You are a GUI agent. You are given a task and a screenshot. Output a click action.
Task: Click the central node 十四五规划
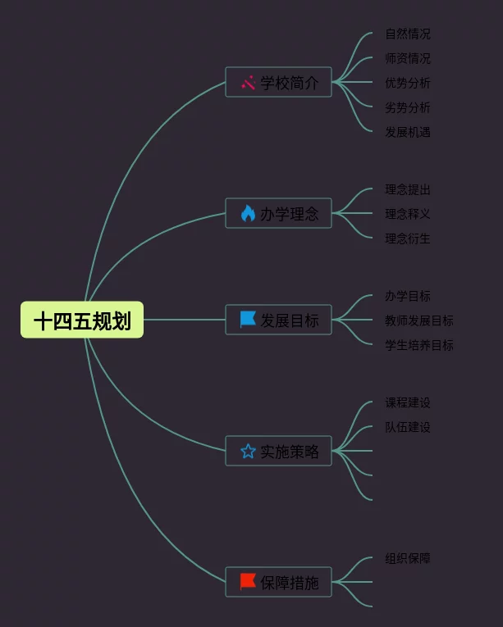82,320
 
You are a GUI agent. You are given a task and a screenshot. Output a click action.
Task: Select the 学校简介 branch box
278,82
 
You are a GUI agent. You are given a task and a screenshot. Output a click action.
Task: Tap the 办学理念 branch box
278,213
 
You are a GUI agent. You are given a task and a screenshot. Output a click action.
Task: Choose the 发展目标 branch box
278,320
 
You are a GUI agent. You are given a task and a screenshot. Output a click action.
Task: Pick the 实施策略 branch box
278,451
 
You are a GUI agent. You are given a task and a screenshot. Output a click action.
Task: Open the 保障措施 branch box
278,582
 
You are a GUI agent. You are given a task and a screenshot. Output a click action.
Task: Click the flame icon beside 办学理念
248,213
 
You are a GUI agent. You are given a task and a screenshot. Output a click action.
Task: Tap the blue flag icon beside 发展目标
248,319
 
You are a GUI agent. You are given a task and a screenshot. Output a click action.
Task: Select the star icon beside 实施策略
248,451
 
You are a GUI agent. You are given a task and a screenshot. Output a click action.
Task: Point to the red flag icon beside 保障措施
248,581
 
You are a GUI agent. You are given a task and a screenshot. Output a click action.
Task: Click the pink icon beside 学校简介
248,82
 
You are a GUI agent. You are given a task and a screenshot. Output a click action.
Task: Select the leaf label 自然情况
408,34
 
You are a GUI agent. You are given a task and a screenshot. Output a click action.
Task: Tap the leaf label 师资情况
408,58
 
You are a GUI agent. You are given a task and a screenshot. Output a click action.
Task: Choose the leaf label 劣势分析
408,107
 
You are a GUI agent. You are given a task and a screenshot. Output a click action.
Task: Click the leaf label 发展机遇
408,132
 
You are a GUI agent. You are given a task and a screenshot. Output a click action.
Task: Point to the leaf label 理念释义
408,214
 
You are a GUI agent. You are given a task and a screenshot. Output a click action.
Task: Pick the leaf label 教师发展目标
418,320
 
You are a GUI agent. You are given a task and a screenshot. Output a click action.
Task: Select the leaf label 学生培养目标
418,345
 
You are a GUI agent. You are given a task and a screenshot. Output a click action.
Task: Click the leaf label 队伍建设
408,427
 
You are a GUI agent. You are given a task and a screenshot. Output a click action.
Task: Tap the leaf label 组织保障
408,558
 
